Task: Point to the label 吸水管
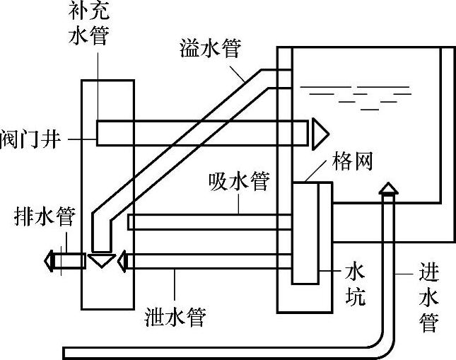[x=239, y=181]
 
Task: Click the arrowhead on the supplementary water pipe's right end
[x=320, y=131]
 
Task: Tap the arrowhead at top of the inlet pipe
[x=387, y=188]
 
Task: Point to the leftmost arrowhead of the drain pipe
[x=49, y=261]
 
